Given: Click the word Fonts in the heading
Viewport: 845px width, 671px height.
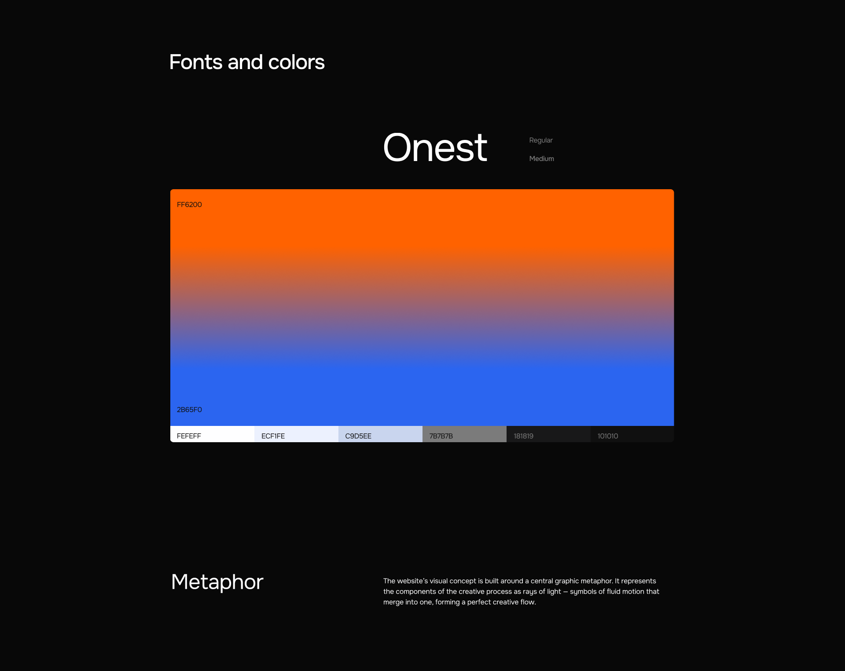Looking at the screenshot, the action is click(196, 62).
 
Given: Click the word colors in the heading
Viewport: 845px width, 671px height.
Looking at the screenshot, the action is click(296, 62).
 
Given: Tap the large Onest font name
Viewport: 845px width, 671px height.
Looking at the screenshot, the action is click(435, 147).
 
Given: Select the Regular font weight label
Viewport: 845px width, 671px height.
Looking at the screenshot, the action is click(540, 140).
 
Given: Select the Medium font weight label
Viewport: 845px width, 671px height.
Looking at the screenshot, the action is click(541, 158).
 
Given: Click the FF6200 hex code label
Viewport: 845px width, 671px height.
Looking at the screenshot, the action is click(189, 205).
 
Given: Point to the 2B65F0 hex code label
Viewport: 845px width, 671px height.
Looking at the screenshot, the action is click(189, 410).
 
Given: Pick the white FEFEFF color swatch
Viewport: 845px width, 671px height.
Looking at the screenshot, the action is click(212, 434).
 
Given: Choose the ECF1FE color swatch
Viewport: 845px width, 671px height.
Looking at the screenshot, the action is click(296, 434).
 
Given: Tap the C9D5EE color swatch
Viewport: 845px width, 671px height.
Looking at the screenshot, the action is click(380, 434).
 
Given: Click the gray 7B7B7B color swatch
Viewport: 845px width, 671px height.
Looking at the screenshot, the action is click(464, 434).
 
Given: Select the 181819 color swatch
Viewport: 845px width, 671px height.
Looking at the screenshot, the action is click(548, 434).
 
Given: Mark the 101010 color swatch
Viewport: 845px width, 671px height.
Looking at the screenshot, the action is click(632, 434).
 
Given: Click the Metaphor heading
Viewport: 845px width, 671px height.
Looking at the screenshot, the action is click(217, 582).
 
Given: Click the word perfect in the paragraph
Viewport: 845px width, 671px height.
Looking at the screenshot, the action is click(480, 602).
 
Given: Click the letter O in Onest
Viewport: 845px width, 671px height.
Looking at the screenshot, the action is click(399, 147).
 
